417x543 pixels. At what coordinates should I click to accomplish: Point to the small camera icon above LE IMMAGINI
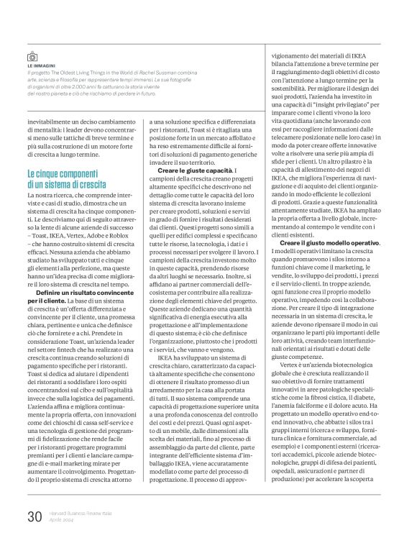pyautogui.click(x=32, y=56)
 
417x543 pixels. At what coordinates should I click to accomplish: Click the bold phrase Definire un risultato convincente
pyautogui.click(x=83, y=294)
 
